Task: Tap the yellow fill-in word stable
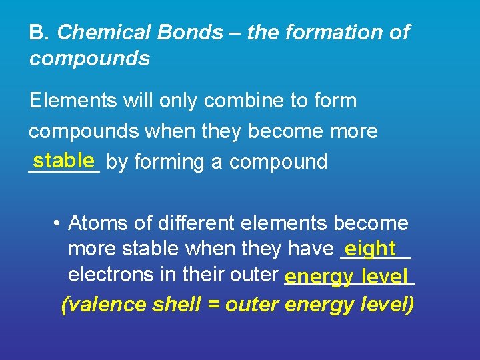pyautogui.click(x=63, y=160)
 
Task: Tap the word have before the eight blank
pyautogui.click(x=310, y=249)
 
